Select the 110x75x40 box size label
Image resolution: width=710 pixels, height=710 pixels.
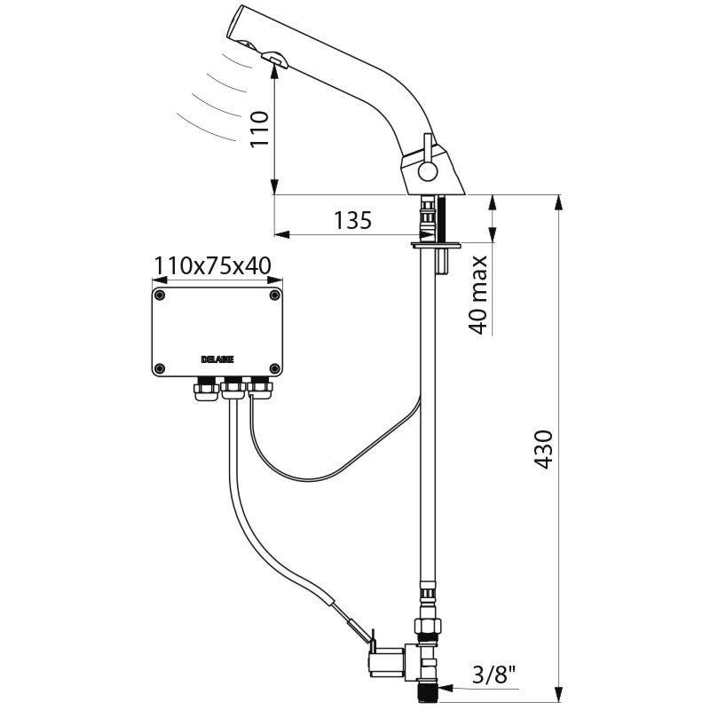(x=213, y=265)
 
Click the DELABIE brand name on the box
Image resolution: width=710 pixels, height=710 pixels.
(x=217, y=359)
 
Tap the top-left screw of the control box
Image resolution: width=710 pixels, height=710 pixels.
(x=160, y=295)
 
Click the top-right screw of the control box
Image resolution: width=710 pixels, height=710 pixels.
(x=275, y=295)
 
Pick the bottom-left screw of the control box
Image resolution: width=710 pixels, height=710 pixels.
(x=160, y=368)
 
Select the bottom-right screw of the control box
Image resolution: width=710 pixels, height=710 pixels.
(x=275, y=368)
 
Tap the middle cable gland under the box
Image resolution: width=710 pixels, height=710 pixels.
(x=233, y=386)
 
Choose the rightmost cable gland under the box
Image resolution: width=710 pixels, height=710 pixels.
(x=259, y=386)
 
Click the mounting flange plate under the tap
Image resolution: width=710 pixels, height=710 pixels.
(x=434, y=242)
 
